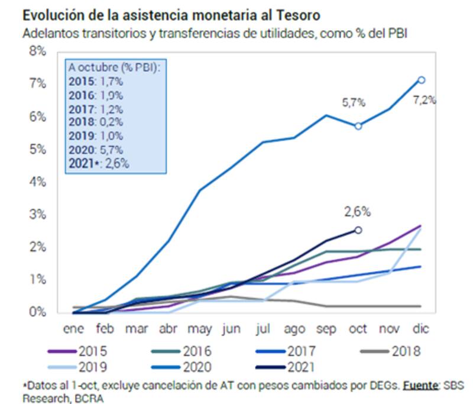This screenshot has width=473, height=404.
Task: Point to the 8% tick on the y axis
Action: [x=37, y=51]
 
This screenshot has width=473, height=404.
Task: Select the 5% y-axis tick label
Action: [x=37, y=149]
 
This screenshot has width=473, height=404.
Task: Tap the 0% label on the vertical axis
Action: [x=37, y=312]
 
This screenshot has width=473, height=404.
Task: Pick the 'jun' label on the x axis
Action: [x=231, y=329]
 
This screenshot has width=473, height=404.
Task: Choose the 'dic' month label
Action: [x=420, y=329]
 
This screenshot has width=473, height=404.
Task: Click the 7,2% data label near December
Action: [x=425, y=100]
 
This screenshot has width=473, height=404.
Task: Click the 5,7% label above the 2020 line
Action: [x=354, y=102]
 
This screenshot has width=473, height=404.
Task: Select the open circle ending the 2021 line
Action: [x=358, y=230]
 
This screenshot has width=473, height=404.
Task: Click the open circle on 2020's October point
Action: [x=358, y=126]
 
